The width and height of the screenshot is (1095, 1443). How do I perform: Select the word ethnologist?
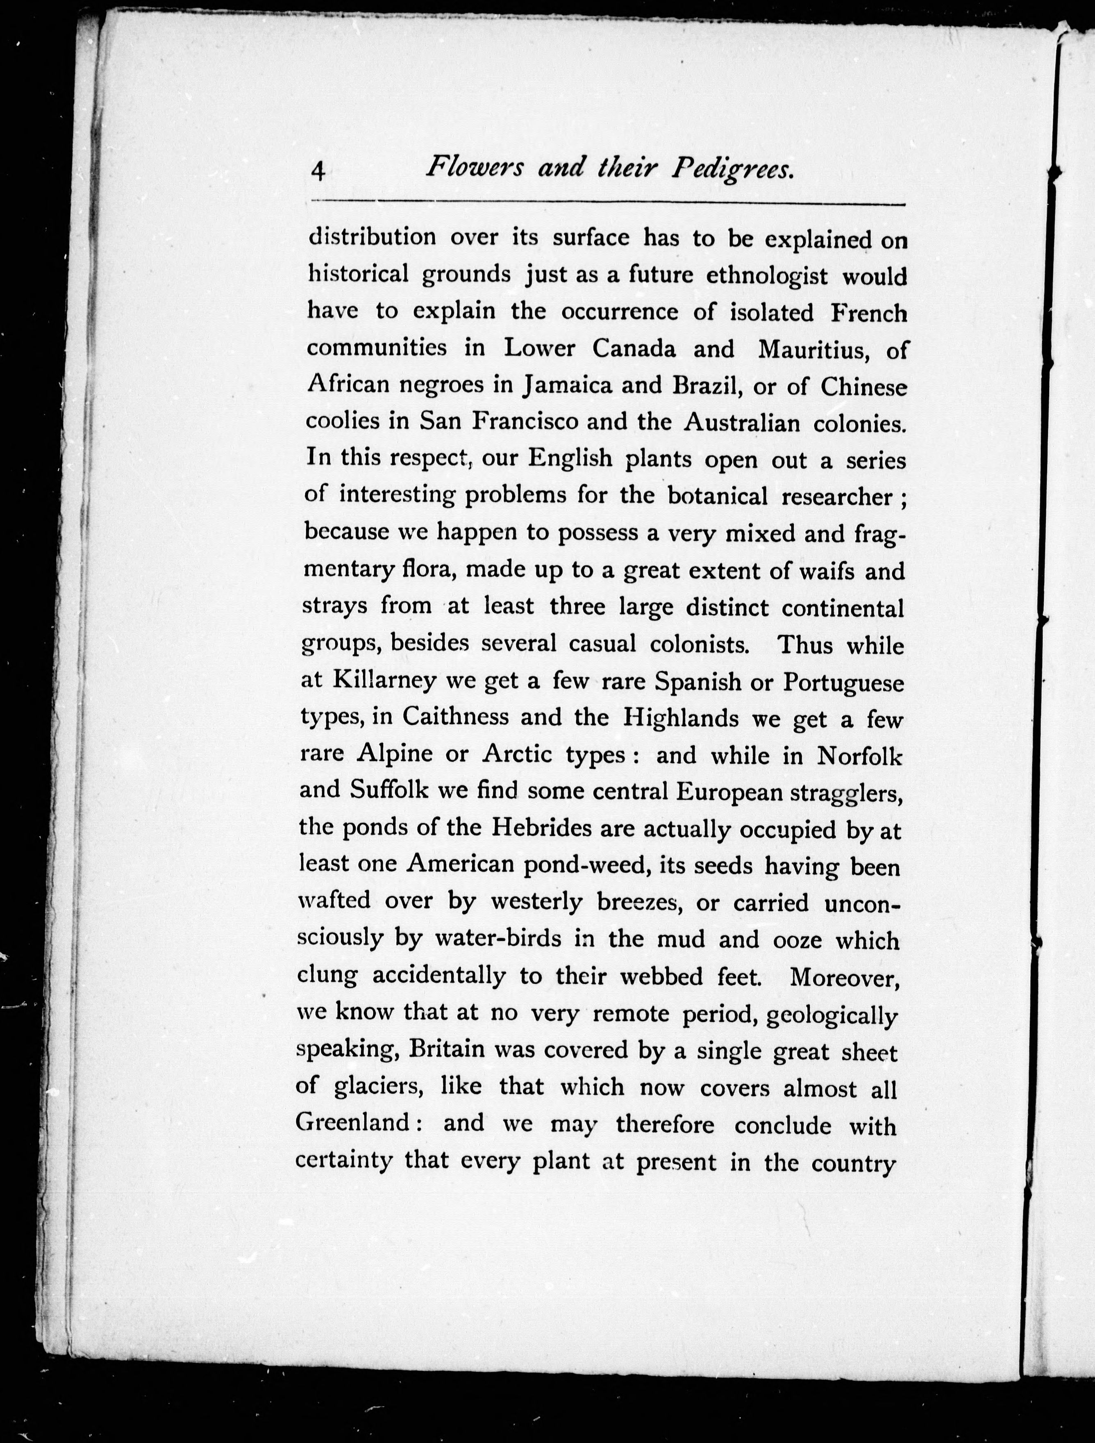point(768,277)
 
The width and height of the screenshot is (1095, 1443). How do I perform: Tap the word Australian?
point(741,423)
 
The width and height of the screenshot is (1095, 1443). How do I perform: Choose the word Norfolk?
point(859,756)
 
